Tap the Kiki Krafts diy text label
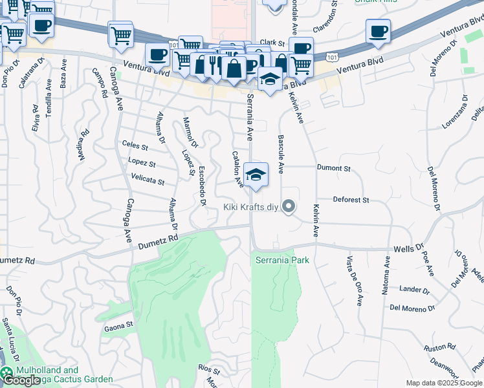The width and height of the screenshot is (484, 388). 250,207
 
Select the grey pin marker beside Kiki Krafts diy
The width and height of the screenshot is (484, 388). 289,207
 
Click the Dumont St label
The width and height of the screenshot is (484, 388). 333,168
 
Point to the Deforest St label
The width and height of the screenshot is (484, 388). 350,200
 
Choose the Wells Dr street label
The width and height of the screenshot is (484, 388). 408,248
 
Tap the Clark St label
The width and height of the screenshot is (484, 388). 272,43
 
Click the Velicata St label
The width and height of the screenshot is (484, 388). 148,182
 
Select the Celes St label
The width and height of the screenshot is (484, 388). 135,147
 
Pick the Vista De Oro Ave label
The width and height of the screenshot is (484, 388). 353,281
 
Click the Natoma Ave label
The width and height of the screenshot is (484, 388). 386,276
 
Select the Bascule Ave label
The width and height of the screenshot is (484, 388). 281,155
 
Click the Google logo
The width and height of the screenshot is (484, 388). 21,381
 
